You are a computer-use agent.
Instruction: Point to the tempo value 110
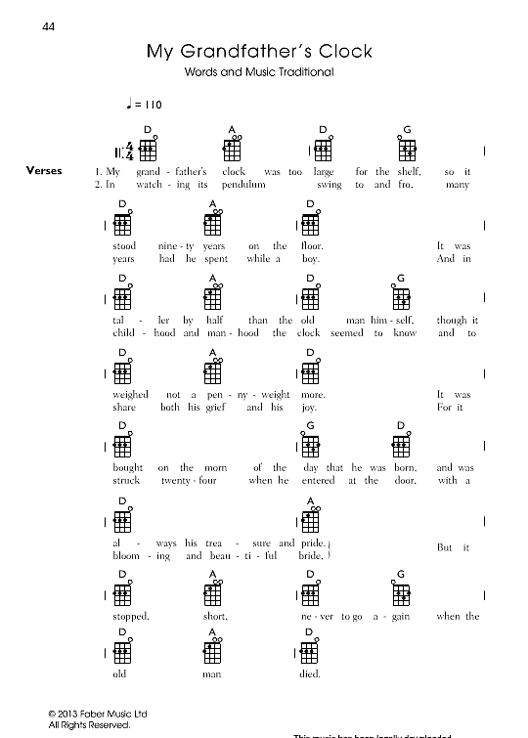153,103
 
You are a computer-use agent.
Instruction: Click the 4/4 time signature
128,151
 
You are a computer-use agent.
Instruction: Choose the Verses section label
45,171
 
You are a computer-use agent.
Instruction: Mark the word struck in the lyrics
127,480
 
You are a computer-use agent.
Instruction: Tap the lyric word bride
311,555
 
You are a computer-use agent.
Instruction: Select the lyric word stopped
130,617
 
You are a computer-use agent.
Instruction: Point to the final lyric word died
310,673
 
